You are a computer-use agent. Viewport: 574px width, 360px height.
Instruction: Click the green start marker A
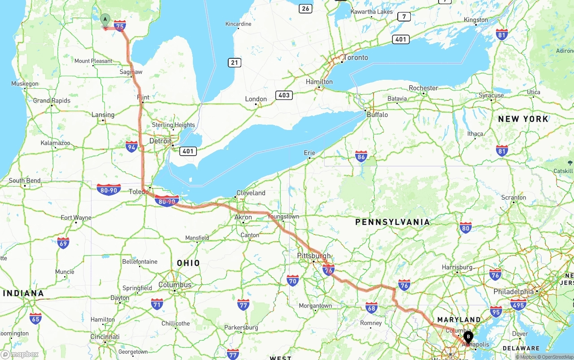(x=105, y=20)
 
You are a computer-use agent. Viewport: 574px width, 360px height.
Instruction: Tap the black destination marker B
(x=468, y=336)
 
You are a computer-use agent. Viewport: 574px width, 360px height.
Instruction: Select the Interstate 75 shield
(x=120, y=26)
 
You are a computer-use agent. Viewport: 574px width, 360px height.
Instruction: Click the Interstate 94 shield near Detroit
(x=131, y=147)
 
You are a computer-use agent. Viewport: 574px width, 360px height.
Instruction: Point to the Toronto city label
(x=356, y=57)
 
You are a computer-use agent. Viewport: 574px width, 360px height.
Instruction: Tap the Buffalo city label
(x=377, y=115)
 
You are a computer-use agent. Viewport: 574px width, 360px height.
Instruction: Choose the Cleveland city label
(x=251, y=193)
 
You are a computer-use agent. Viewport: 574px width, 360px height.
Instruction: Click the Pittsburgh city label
(x=314, y=256)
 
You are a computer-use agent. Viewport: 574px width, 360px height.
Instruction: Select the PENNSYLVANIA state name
(x=392, y=222)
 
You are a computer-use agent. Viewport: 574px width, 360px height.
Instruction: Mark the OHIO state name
(x=188, y=263)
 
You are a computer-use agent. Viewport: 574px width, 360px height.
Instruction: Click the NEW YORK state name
(x=523, y=119)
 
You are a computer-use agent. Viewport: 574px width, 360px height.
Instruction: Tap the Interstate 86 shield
(x=361, y=156)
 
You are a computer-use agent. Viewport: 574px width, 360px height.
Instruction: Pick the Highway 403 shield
(x=284, y=95)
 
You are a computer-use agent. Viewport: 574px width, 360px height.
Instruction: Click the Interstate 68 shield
(x=371, y=308)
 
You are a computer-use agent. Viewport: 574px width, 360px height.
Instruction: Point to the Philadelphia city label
(x=513, y=291)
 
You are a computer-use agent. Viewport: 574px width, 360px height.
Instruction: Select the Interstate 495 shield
(x=518, y=304)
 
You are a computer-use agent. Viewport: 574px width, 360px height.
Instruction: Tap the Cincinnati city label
(x=104, y=337)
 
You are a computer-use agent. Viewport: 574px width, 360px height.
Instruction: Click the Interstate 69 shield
(x=63, y=243)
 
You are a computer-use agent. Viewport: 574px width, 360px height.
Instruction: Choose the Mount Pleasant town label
(x=93, y=61)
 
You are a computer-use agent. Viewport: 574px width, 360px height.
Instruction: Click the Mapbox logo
(x=20, y=354)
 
